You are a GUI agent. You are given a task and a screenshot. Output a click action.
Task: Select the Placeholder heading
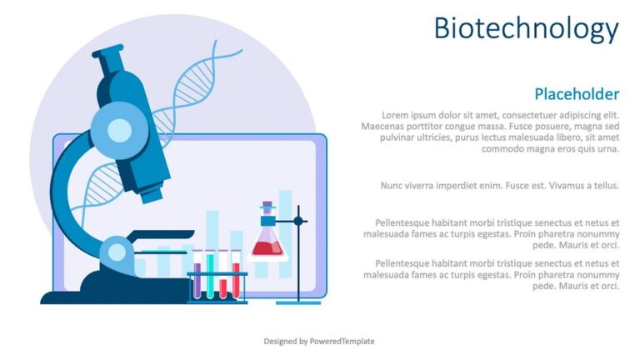click(576, 93)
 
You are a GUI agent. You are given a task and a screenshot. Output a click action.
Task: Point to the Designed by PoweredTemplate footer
click(319, 341)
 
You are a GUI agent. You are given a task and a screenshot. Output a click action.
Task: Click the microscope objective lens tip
click(151, 197)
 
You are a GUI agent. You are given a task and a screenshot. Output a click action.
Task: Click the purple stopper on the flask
click(267, 205)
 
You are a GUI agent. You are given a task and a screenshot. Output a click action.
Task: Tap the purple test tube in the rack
click(197, 278)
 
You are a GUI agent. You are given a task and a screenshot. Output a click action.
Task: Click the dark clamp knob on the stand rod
click(299, 221)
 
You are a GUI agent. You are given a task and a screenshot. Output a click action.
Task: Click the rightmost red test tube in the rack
click(236, 278)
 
